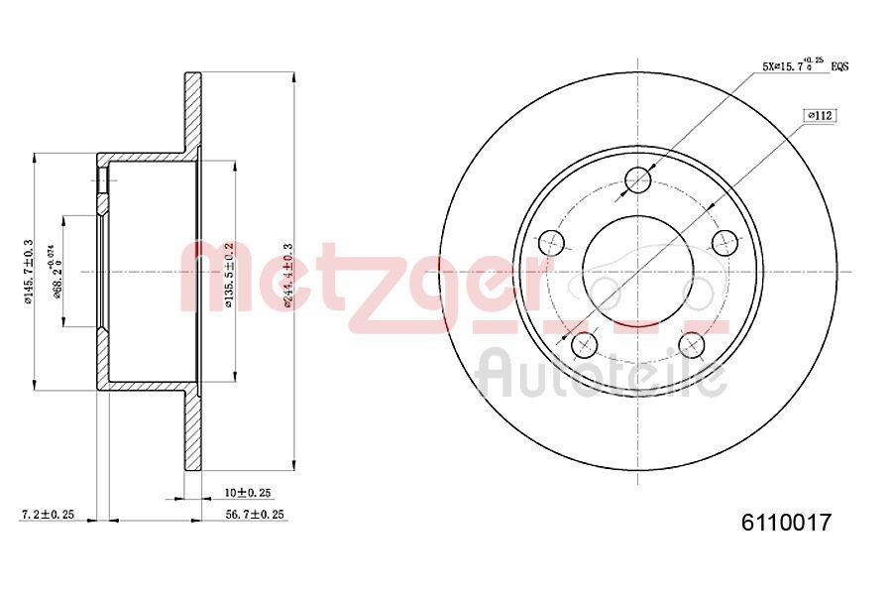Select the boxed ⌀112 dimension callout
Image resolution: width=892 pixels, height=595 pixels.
(821, 116)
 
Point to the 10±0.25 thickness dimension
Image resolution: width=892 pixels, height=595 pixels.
(247, 493)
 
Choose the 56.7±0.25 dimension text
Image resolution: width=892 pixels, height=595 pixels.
(256, 515)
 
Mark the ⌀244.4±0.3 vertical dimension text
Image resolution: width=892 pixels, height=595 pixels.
(287, 275)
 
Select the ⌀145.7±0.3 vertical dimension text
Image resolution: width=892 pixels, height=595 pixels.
(29, 271)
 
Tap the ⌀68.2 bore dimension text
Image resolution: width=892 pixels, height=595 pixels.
(58, 270)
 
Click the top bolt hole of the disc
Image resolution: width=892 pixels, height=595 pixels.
(639, 179)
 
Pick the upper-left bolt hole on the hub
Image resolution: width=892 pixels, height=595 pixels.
(551, 242)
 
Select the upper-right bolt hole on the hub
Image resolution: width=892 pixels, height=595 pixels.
(726, 242)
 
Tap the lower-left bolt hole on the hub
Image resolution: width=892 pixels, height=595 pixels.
(585, 344)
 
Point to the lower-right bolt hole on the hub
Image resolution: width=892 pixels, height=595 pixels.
(692, 344)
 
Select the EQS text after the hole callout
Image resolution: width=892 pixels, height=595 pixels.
(838, 66)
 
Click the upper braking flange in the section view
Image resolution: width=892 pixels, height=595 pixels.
(192, 111)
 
